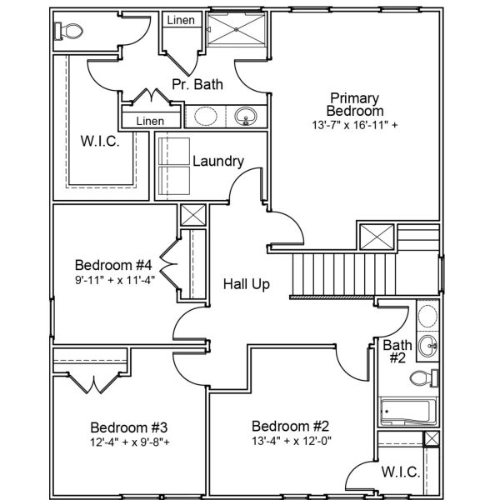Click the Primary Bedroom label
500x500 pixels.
356,104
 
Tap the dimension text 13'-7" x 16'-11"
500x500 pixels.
356,126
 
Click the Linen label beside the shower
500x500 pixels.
182,20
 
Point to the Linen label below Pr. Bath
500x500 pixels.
150,122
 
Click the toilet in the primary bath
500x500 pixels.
68,32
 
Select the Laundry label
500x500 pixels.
217,161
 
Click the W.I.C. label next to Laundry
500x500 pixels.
99,141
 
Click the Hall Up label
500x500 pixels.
246,284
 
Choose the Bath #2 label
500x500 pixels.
394,351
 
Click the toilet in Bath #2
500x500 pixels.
424,378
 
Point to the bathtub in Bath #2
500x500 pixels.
406,412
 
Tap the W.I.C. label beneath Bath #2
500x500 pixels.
400,472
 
